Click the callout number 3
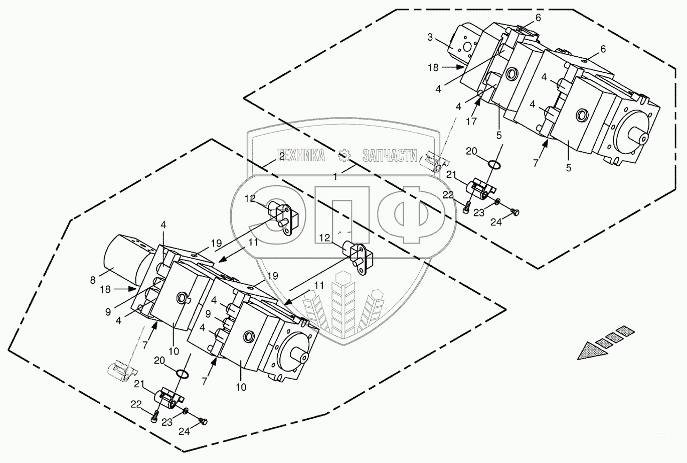click(x=430, y=38)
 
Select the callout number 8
click(x=93, y=280)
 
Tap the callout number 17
click(x=471, y=122)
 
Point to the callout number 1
click(x=335, y=177)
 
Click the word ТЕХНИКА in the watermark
click(x=301, y=156)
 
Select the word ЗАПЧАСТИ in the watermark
click(x=390, y=156)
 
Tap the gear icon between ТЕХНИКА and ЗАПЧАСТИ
click(x=344, y=156)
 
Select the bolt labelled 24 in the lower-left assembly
click(x=204, y=421)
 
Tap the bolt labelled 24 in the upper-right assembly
click(x=514, y=211)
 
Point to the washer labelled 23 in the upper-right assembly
click(x=497, y=201)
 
